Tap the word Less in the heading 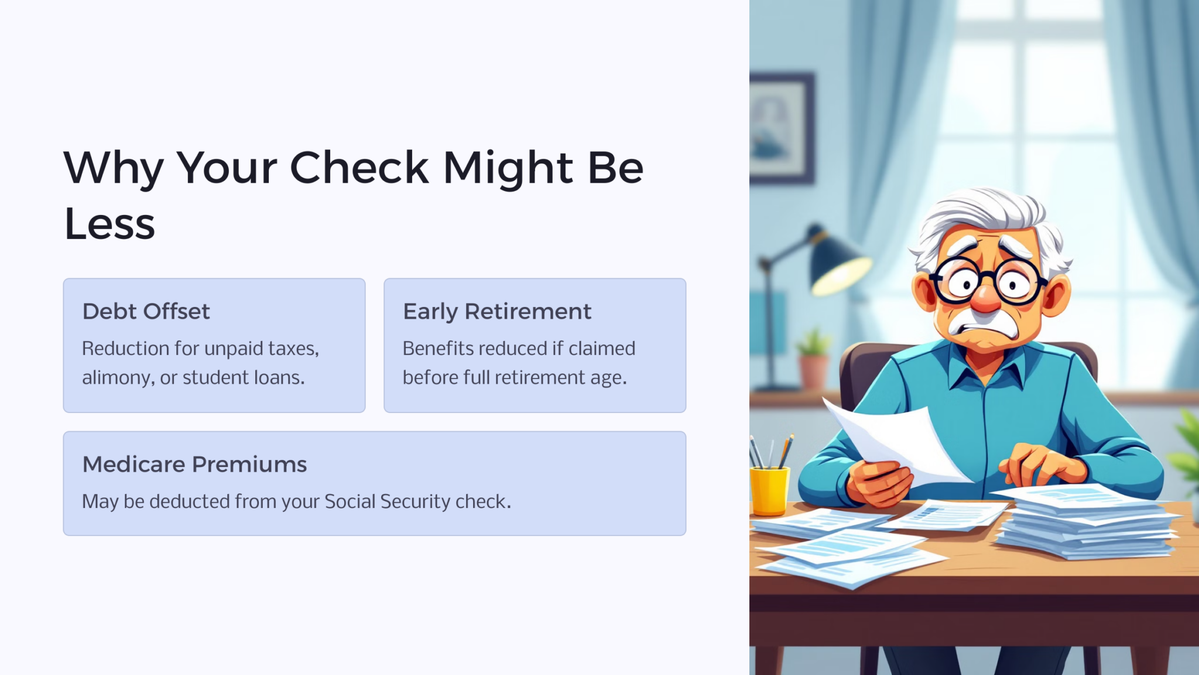109,224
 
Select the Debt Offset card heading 146,312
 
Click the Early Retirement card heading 497,312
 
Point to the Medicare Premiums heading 194,465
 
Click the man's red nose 985,298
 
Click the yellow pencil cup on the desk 769,490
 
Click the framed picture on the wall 781,128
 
